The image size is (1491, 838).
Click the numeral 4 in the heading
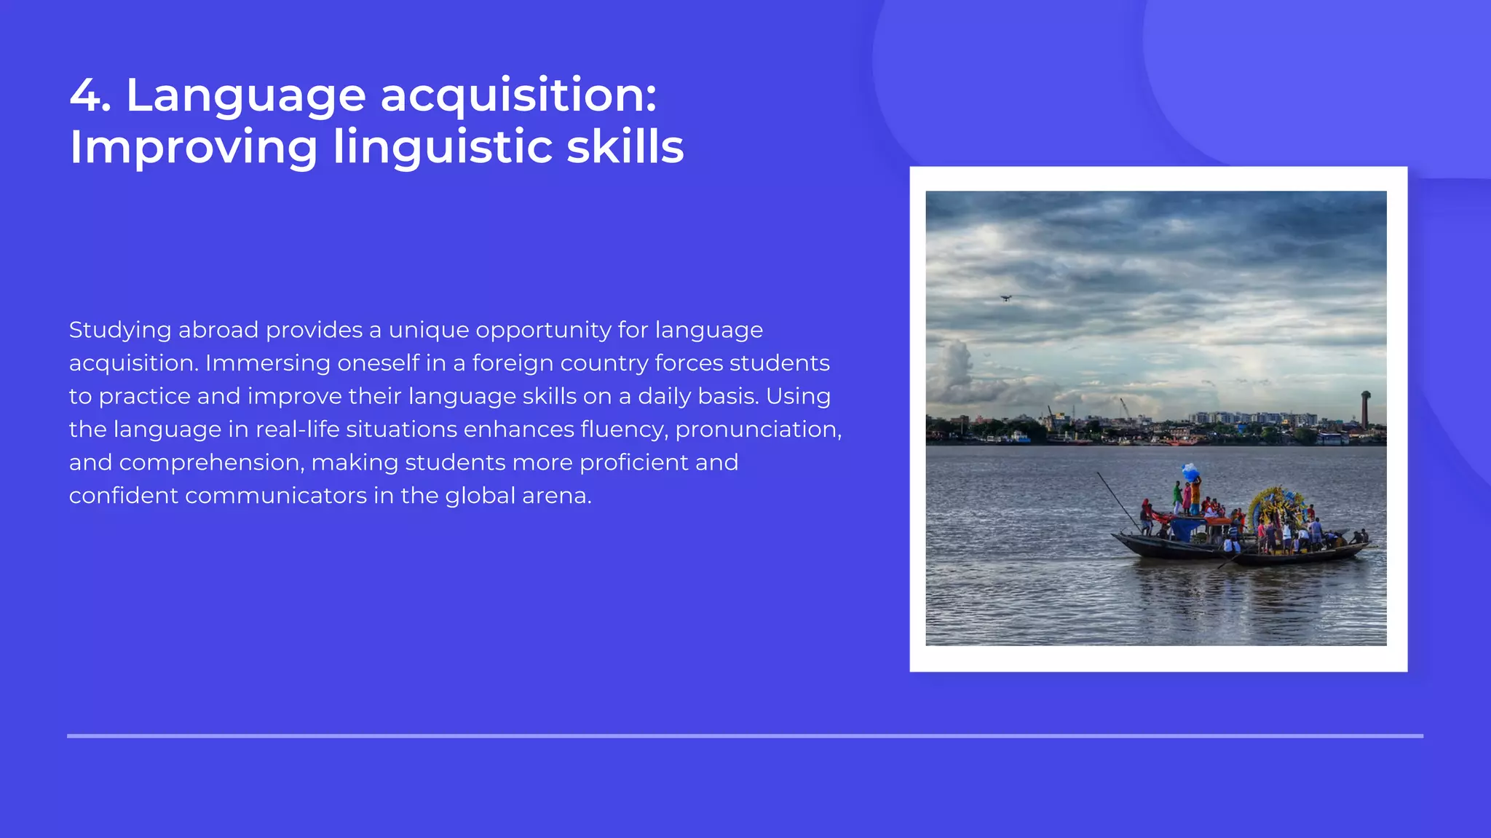[x=87, y=95]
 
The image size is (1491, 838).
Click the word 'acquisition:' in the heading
[x=518, y=97]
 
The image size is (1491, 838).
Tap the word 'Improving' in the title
[x=194, y=148]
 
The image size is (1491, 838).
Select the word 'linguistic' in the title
[x=442, y=148]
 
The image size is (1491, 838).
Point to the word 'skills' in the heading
[x=625, y=146]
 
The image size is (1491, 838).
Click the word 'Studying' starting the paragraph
[x=119, y=331]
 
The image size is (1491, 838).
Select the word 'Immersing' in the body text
[x=267, y=363]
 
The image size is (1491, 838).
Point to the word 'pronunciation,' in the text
[x=758, y=430]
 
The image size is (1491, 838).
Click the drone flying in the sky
[x=1005, y=298]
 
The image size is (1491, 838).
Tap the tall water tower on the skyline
[x=1365, y=409]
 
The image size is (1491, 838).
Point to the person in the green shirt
[x=1176, y=497]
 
